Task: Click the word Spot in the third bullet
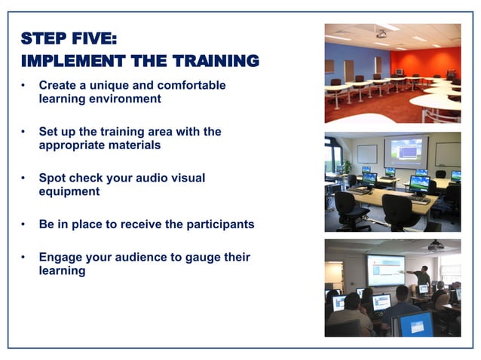click(53, 178)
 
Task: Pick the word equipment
click(69, 191)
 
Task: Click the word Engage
click(61, 258)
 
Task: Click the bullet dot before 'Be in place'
click(24, 224)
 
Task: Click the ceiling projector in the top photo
click(381, 34)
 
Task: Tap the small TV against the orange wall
click(399, 72)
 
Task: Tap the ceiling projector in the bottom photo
click(435, 246)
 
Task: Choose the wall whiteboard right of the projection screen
click(447, 154)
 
